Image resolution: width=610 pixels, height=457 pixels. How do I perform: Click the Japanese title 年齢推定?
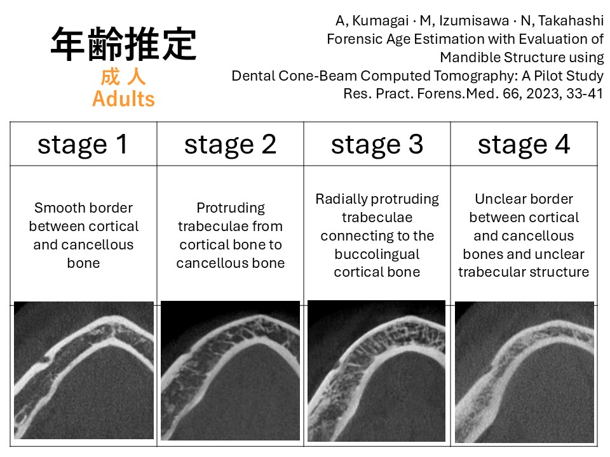click(123, 44)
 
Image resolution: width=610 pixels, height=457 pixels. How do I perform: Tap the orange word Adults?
click(123, 99)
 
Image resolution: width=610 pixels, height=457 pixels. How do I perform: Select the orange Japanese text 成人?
click(123, 76)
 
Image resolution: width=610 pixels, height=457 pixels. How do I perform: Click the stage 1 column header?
click(83, 145)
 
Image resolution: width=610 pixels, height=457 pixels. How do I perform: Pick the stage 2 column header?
click(230, 145)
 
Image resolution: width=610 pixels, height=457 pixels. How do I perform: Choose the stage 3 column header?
click(377, 145)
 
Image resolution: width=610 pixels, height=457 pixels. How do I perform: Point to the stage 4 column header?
click(524, 145)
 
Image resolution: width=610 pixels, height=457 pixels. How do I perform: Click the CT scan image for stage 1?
click(84, 370)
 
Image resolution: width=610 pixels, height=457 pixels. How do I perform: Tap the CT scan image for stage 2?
click(230, 370)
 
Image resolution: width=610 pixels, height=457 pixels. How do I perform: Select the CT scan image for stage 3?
click(377, 371)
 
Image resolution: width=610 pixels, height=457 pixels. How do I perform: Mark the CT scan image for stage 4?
click(524, 372)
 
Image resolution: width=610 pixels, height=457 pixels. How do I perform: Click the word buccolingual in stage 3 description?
click(377, 254)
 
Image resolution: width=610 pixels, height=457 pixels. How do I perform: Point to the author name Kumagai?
click(380, 20)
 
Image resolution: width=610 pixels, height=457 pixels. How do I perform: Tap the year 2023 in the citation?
click(543, 94)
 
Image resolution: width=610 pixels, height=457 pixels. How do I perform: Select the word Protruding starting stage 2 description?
click(231, 208)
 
